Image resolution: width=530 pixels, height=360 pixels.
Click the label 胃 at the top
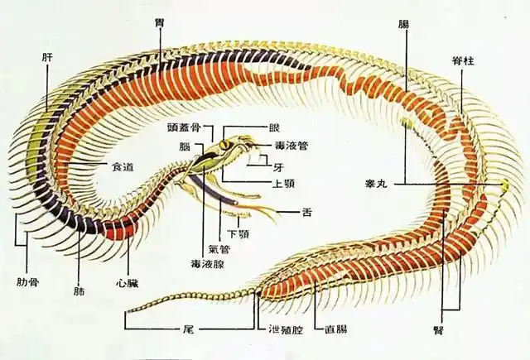[x=158, y=23]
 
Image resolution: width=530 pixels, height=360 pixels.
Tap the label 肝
[x=47, y=57]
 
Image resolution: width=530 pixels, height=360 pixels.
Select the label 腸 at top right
[x=403, y=24]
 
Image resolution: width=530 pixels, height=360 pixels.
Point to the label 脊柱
[x=463, y=60]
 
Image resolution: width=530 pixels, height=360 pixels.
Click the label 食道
[x=123, y=166]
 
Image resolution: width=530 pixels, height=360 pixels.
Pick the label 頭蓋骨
[x=184, y=127]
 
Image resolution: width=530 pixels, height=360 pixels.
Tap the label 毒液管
[x=291, y=146]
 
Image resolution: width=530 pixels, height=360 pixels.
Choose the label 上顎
[x=283, y=184]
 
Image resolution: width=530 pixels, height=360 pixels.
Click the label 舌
[x=306, y=213]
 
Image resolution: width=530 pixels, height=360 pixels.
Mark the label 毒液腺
[x=207, y=264]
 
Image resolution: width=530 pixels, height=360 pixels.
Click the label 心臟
[x=127, y=283]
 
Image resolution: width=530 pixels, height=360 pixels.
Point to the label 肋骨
[x=27, y=281]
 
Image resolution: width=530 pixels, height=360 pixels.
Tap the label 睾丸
[x=376, y=184]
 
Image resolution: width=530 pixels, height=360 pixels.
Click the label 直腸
[x=336, y=329]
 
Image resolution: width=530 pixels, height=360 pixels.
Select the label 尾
[x=190, y=329]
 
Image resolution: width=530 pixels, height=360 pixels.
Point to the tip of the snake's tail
[x=128, y=310]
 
